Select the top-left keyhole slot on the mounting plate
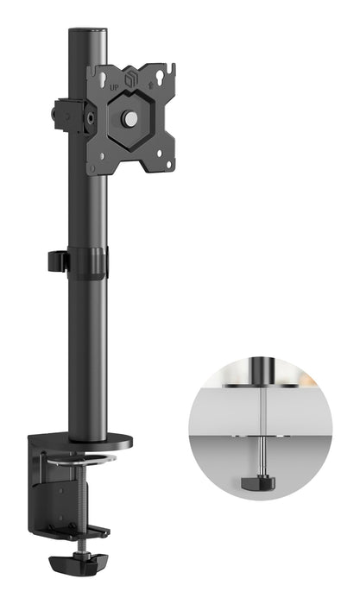pyautogui.click(x=101, y=72)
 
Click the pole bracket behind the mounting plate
pyautogui.click(x=69, y=116)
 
